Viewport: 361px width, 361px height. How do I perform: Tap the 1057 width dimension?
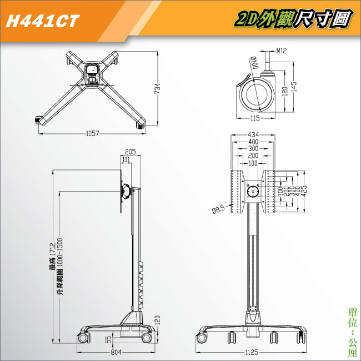92,133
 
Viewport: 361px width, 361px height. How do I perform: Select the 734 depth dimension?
157,88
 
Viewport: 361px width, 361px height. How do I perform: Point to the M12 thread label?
281,51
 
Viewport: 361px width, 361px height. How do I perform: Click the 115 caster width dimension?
255,118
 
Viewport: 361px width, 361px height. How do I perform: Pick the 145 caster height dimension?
294,87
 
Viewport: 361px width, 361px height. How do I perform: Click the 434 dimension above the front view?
253,135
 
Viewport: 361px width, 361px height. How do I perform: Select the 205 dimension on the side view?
131,152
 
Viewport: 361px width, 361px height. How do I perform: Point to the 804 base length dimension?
116,352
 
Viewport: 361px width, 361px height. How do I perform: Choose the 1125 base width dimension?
253,352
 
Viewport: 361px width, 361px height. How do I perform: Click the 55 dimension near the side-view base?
108,338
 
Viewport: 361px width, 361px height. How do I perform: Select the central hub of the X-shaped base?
94,73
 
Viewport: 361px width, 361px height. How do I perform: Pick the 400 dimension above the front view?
253,142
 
